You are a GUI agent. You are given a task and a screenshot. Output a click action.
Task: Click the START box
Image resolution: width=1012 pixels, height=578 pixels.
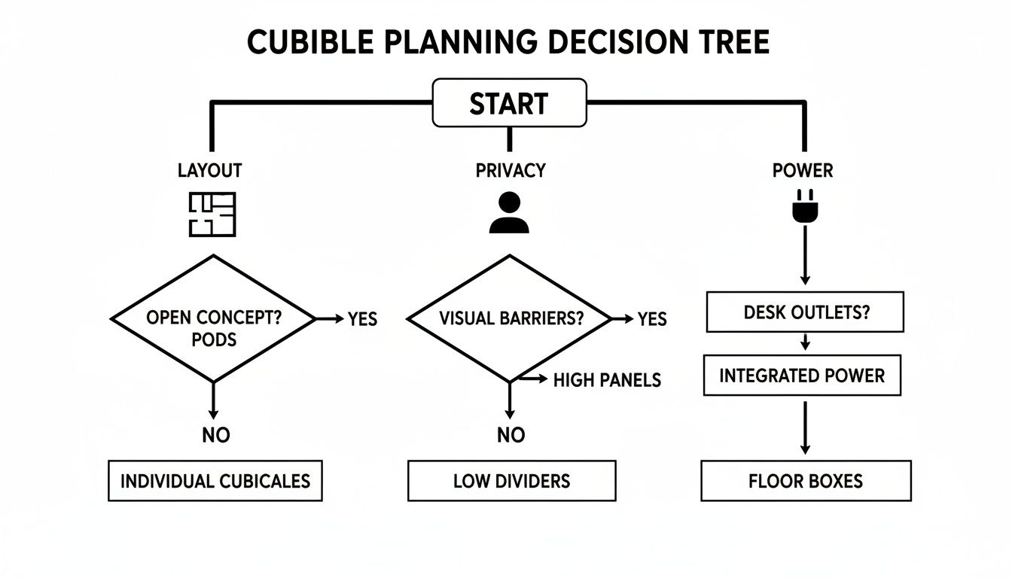pyautogui.click(x=509, y=103)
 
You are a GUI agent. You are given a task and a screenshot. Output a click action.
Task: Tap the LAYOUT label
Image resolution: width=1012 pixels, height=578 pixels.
pyautogui.click(x=210, y=171)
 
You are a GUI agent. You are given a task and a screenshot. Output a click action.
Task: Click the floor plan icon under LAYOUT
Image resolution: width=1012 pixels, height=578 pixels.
pyautogui.click(x=212, y=214)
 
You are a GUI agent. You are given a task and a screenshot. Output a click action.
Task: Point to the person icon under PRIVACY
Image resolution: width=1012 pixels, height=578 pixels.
pyautogui.click(x=510, y=212)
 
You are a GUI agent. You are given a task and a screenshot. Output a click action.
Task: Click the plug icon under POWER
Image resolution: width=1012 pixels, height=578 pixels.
pyautogui.click(x=803, y=208)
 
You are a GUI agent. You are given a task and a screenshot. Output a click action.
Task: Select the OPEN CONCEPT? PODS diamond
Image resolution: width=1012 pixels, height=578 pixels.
pyautogui.click(x=213, y=319)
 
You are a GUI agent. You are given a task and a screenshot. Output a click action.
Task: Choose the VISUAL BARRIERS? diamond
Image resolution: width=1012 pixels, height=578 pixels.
pyautogui.click(x=510, y=318)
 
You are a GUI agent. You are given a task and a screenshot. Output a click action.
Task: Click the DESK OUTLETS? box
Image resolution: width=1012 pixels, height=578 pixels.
pyautogui.click(x=805, y=312)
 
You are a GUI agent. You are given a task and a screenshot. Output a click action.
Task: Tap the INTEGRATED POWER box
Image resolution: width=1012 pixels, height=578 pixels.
pyautogui.click(x=802, y=376)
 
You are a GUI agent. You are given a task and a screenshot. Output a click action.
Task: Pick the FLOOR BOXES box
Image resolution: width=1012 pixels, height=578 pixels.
pyautogui.click(x=806, y=481)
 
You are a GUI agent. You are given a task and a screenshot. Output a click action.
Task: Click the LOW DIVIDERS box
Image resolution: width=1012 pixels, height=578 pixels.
pyautogui.click(x=511, y=481)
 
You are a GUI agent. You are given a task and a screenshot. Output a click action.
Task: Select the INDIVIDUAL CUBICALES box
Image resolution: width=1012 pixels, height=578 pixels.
pyautogui.click(x=215, y=481)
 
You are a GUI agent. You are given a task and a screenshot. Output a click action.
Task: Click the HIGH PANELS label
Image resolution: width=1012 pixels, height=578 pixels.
pyautogui.click(x=607, y=380)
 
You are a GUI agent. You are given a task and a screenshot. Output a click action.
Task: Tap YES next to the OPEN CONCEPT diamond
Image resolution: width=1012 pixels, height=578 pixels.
pyautogui.click(x=362, y=319)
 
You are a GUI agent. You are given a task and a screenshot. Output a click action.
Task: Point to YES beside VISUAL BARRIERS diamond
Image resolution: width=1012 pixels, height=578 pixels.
pyautogui.click(x=652, y=319)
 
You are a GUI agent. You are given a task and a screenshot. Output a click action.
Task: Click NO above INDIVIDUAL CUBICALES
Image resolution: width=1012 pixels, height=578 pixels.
pyautogui.click(x=215, y=435)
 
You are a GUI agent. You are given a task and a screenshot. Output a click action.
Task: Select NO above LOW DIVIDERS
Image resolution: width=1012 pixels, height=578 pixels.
pyautogui.click(x=511, y=435)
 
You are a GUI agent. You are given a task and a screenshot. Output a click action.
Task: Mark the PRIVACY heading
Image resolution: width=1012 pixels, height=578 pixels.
pyautogui.click(x=510, y=171)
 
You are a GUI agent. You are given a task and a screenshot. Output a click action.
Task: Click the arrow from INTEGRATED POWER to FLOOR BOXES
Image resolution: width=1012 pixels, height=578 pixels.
pyautogui.click(x=805, y=427)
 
